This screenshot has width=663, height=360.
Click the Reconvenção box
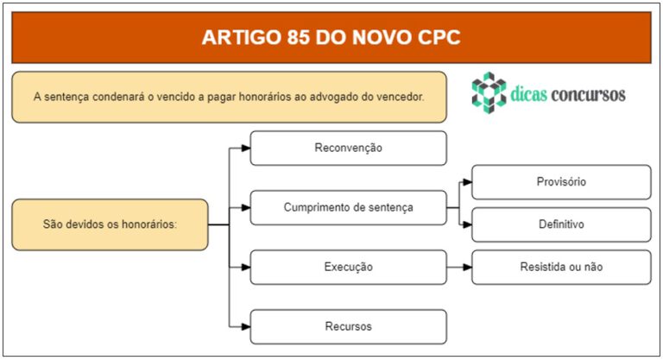348,148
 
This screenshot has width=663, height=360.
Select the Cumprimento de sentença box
348,208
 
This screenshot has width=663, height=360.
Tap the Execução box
348,267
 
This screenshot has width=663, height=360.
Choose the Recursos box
348,326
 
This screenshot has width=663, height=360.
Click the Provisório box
561,182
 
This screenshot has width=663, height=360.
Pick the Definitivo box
561,224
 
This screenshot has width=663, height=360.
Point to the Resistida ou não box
561,267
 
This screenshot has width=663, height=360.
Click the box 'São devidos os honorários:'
110,224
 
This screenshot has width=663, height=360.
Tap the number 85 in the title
299,37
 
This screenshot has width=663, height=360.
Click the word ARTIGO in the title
241,37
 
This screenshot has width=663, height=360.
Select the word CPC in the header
439,37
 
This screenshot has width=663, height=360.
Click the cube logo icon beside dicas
489,92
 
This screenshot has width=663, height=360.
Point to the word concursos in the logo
588,94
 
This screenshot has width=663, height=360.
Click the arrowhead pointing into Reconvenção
246,148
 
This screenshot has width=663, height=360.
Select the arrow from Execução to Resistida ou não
459,267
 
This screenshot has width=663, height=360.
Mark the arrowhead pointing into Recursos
246,326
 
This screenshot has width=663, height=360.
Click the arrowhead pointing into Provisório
467,182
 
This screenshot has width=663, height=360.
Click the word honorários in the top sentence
260,97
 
